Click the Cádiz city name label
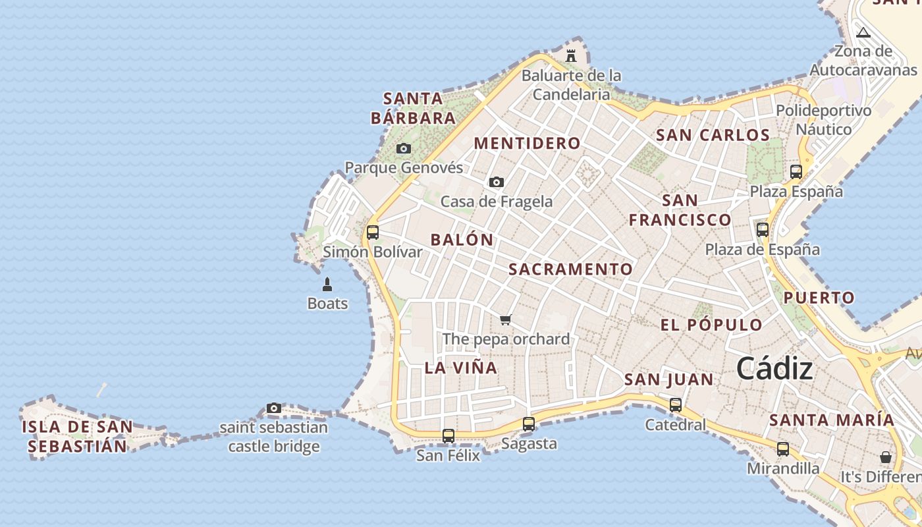(774, 369)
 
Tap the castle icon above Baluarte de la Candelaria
(571, 56)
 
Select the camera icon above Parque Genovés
(404, 149)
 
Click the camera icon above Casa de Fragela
(497, 182)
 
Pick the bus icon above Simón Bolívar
(373, 233)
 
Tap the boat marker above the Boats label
(327, 285)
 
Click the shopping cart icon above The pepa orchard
(505, 320)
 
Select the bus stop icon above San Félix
(448, 436)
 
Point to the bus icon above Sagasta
(529, 425)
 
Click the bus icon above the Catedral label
(676, 406)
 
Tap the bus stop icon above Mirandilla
(783, 450)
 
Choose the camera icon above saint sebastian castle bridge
(274, 408)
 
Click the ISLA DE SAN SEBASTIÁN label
(77, 436)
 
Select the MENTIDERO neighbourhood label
(528, 144)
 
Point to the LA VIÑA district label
(461, 368)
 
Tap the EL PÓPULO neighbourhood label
(711, 325)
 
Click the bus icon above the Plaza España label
(796, 173)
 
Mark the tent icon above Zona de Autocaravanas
(863, 33)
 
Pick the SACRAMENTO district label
(570, 269)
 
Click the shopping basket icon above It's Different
(886, 457)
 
